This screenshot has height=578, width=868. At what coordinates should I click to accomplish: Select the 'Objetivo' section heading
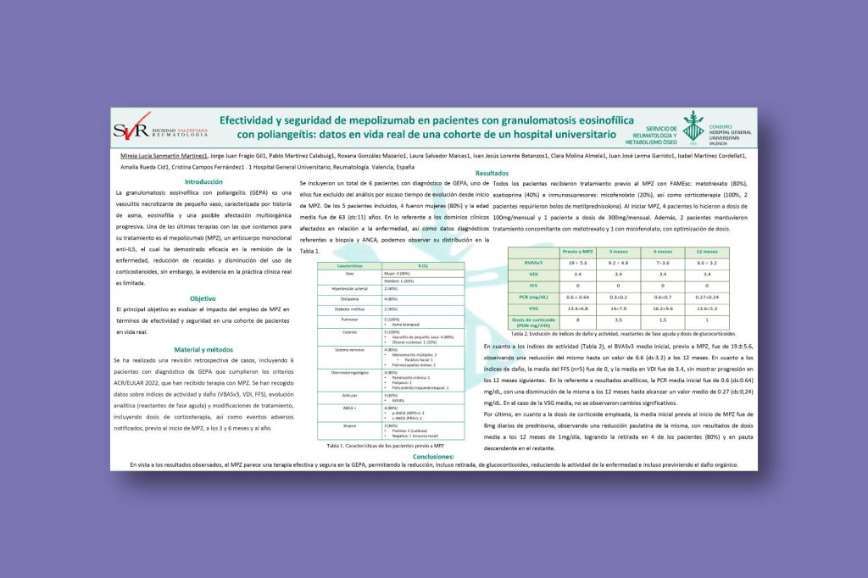click(x=203, y=298)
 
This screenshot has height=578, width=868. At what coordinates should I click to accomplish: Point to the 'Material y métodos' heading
click(x=203, y=349)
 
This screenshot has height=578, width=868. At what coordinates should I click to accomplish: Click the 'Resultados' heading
click(x=492, y=173)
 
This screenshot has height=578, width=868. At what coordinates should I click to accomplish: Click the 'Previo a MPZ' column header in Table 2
click(x=576, y=252)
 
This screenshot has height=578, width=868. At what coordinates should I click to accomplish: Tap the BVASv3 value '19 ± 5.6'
click(x=576, y=263)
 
